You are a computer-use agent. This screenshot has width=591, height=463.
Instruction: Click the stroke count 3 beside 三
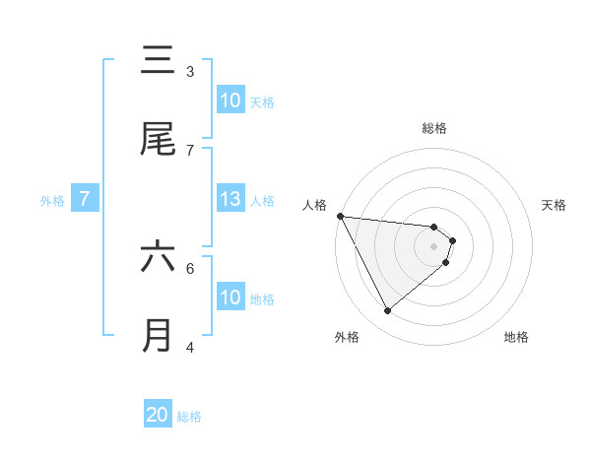190,72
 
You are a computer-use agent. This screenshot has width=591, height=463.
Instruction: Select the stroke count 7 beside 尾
190,150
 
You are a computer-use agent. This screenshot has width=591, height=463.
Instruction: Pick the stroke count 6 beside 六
190,267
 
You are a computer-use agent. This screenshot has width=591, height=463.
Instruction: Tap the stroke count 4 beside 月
190,347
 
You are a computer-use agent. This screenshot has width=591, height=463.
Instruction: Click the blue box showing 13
230,199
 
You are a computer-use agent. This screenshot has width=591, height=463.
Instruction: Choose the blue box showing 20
158,415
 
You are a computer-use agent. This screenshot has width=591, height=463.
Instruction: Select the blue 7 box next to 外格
85,199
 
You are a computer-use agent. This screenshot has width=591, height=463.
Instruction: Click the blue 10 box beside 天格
230,100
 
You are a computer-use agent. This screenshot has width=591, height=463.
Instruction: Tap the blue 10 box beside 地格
230,298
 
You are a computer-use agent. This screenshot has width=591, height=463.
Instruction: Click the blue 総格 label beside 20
189,417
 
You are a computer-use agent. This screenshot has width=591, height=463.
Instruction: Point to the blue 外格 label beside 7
52,201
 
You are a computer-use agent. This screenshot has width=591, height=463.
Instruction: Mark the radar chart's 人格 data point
340,216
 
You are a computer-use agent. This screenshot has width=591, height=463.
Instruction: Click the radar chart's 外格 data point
387,311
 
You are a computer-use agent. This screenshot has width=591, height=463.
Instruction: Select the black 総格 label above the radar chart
434,128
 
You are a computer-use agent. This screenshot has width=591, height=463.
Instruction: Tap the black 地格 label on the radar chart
516,337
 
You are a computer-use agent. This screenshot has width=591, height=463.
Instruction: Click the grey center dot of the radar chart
434,246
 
